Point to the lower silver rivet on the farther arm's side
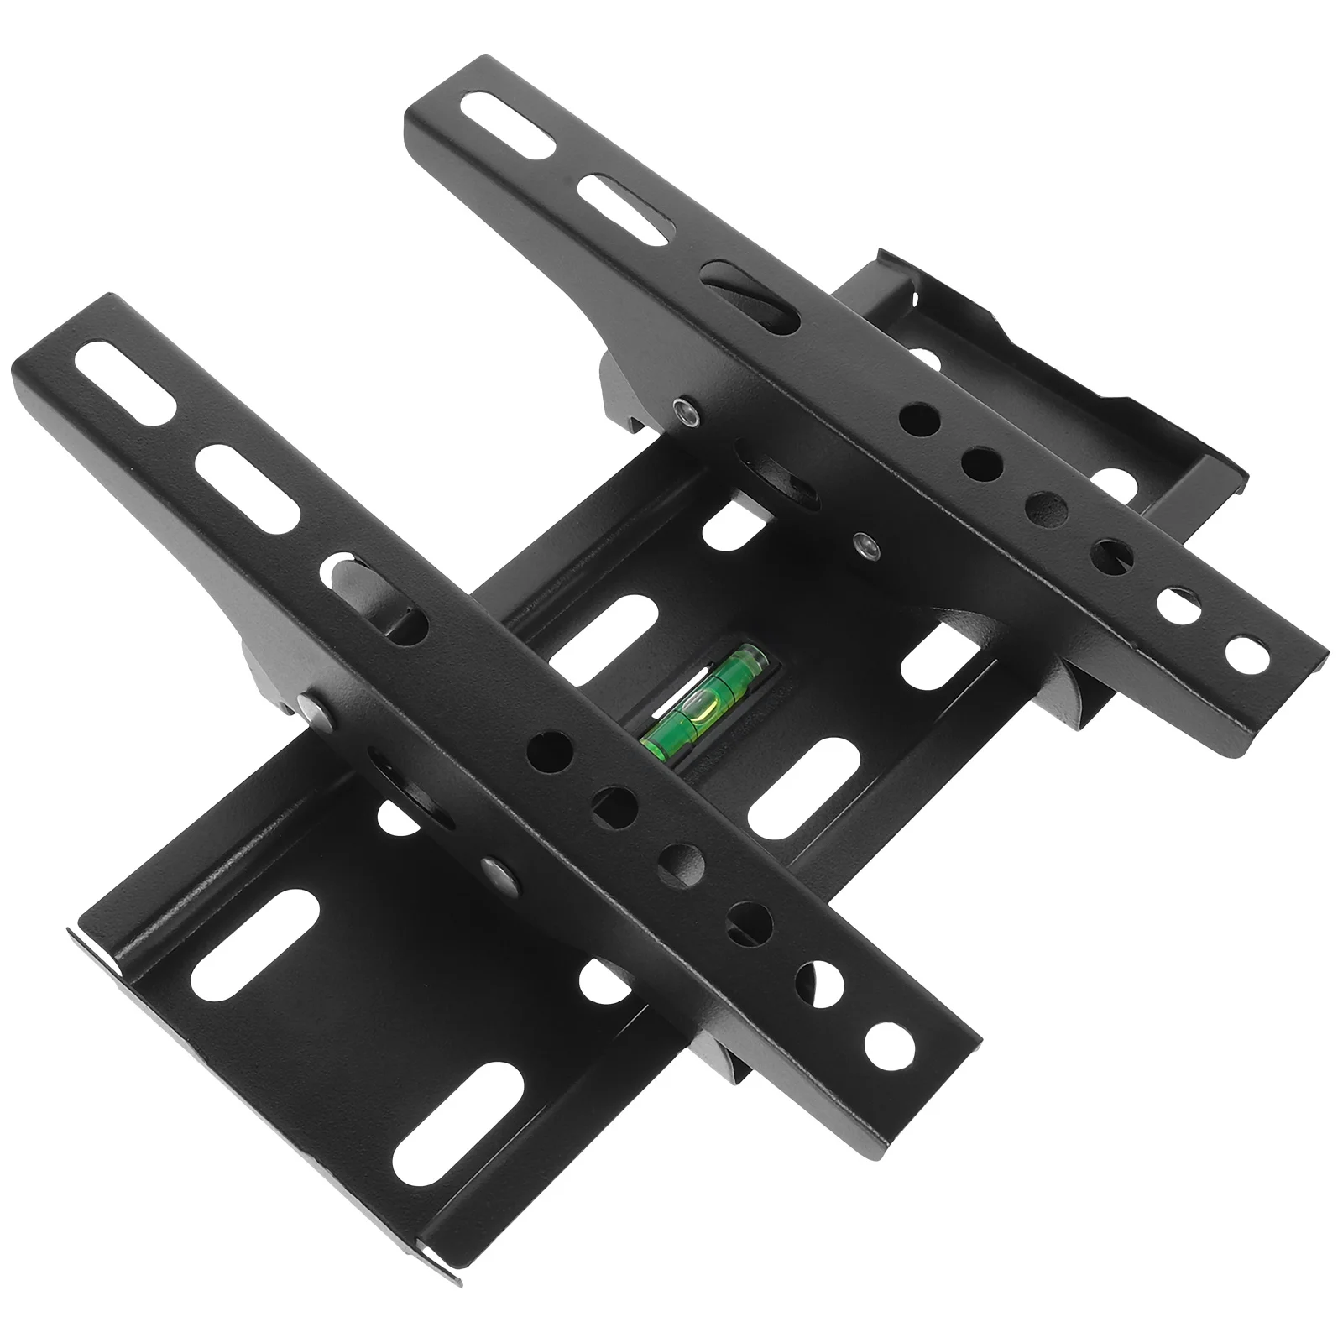(863, 546)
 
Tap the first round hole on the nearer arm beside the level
(550, 749)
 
